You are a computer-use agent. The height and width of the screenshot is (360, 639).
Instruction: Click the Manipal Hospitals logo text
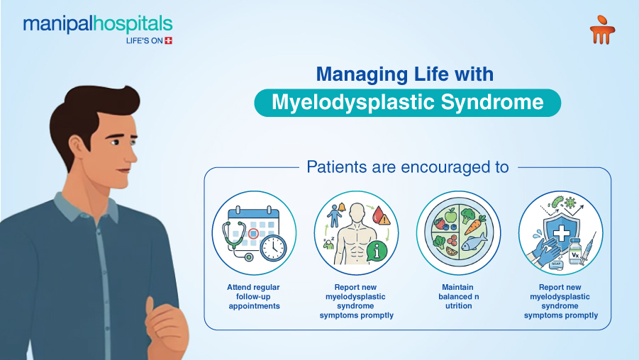point(97,25)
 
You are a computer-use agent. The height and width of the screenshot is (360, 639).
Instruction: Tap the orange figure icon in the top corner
point(602,32)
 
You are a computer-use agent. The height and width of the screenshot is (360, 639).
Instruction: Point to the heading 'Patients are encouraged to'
point(407,168)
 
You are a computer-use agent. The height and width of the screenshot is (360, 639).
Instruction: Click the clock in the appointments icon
point(273,247)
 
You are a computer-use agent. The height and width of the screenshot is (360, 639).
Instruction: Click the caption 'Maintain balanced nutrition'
point(458,296)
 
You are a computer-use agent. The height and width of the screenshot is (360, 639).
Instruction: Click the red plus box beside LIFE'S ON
point(168,41)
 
